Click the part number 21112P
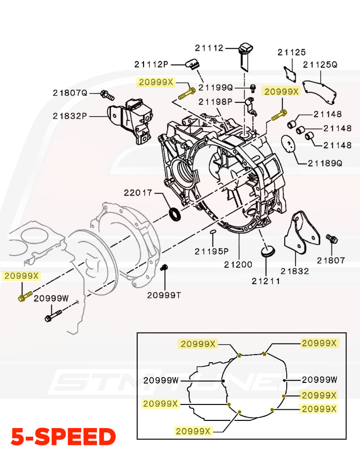pyautogui.click(x=152, y=64)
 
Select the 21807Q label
pyautogui.click(x=70, y=93)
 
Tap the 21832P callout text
pyautogui.click(x=70, y=116)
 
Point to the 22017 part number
pyautogui.click(x=138, y=193)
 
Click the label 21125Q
pyautogui.click(x=320, y=64)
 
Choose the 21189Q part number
pyautogui.click(x=324, y=163)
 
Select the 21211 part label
pyautogui.click(x=266, y=281)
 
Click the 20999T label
pyautogui.click(x=164, y=294)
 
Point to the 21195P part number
pyautogui.click(x=212, y=251)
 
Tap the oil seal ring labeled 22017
pyautogui.click(x=176, y=215)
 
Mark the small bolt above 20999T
pyautogui.click(x=165, y=268)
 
